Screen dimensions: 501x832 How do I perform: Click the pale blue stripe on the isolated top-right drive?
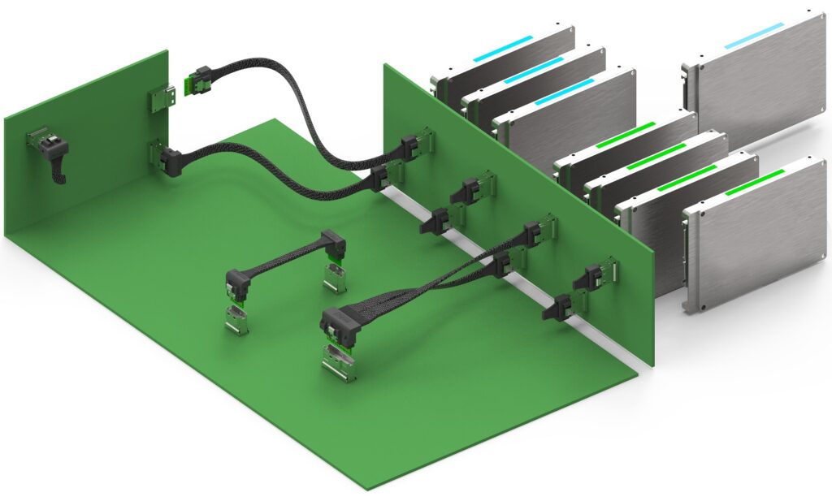753,36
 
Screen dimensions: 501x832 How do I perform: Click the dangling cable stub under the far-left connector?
58,170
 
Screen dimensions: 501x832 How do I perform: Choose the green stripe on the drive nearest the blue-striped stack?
626,136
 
